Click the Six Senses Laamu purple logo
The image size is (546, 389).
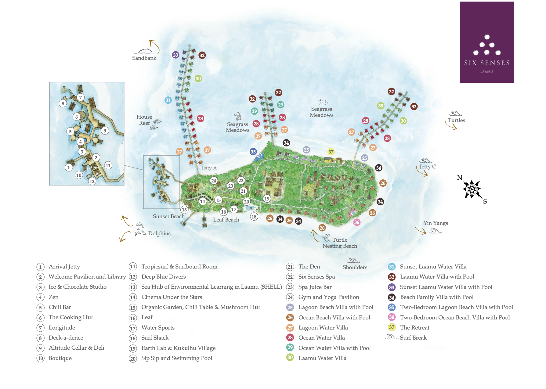coord(486,42)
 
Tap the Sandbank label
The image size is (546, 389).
coord(144,58)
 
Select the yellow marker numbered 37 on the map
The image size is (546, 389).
coord(331,152)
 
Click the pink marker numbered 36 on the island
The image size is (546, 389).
coord(356,222)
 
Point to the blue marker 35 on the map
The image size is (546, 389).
coord(253,152)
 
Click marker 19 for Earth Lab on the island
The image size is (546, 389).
coord(267,199)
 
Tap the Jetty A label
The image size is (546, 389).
coord(209,168)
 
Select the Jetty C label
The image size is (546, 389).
coord(428,167)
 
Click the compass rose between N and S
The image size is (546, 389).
coord(472,189)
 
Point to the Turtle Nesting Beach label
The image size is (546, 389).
coord(340,243)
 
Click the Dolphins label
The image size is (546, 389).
coord(159,233)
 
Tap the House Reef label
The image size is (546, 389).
coord(144,120)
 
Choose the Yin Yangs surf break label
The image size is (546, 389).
coord(436,223)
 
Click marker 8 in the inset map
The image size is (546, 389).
coord(63,103)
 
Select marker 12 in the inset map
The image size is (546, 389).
coord(92,181)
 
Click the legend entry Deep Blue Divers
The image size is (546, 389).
coord(163,277)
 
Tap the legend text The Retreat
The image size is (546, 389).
coord(414,328)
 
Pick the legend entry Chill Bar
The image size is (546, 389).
coord(60,307)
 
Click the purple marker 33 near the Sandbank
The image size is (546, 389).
coord(175,55)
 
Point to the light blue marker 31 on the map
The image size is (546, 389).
coord(168,100)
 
